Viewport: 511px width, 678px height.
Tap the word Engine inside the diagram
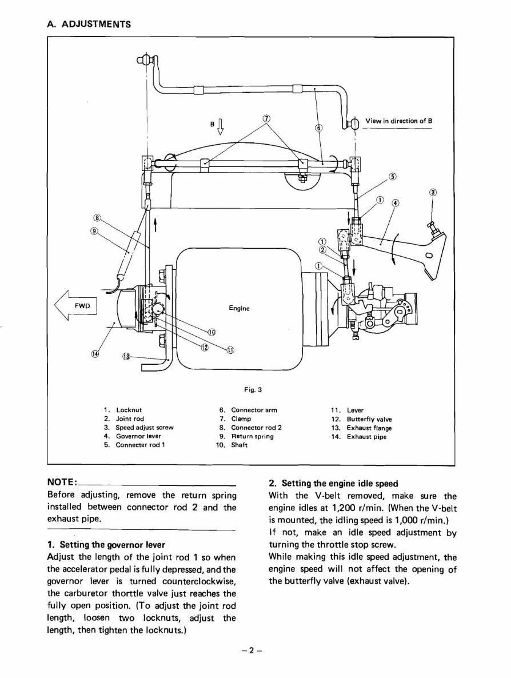click(239, 308)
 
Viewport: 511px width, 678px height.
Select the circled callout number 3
click(433, 192)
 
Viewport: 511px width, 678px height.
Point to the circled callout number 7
click(266, 118)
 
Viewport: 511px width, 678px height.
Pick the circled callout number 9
click(94, 231)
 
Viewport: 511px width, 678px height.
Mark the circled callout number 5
click(392, 176)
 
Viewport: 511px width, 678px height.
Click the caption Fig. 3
click(252, 390)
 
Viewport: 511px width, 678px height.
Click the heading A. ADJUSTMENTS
click(89, 24)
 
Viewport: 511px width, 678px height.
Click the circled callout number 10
click(211, 332)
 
